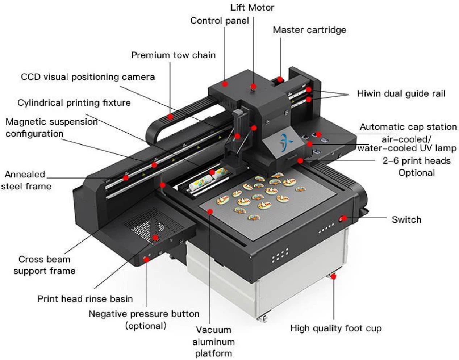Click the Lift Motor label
(x=252, y=7)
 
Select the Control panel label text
(x=220, y=21)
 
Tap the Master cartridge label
(x=309, y=30)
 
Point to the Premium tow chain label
(x=173, y=55)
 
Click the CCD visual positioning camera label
(x=88, y=77)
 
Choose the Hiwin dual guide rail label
(x=401, y=93)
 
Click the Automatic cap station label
(x=408, y=127)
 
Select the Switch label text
(x=406, y=219)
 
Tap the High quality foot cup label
(x=336, y=328)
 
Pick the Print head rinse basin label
(x=85, y=299)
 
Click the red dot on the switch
(x=343, y=218)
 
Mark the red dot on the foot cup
(x=334, y=277)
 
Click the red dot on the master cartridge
(x=280, y=79)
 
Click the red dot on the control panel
(x=225, y=84)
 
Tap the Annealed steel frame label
(x=25, y=180)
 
